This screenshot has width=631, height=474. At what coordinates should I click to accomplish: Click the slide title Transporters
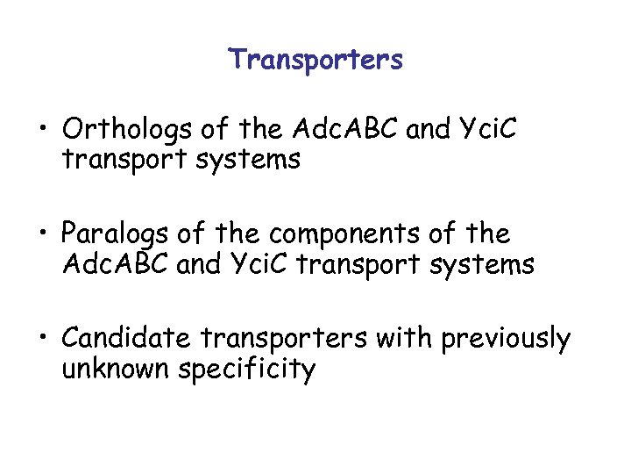point(315,60)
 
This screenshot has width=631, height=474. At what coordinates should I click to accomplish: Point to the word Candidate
point(128,338)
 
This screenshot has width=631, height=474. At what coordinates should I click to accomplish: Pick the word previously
point(506,338)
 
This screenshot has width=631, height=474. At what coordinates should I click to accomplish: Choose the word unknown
point(116,369)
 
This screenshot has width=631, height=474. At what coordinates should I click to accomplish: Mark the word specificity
point(246,369)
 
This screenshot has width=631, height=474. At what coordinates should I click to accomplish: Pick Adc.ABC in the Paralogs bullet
point(115,265)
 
